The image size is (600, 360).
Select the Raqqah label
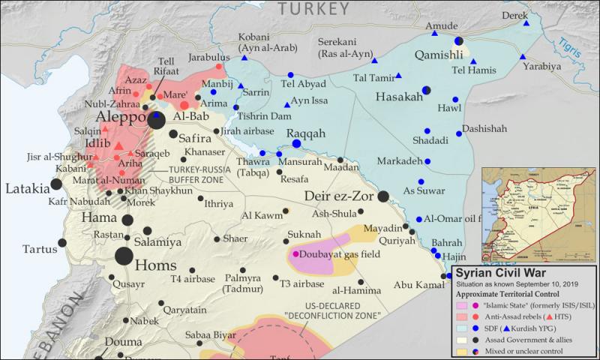tap(305, 132)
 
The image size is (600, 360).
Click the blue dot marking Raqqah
tap(296, 143)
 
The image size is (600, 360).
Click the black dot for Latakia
tap(56, 184)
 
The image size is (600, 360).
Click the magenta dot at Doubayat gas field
tap(295, 254)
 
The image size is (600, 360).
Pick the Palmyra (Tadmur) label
tap(239, 284)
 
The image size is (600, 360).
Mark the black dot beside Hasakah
tap(426, 91)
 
